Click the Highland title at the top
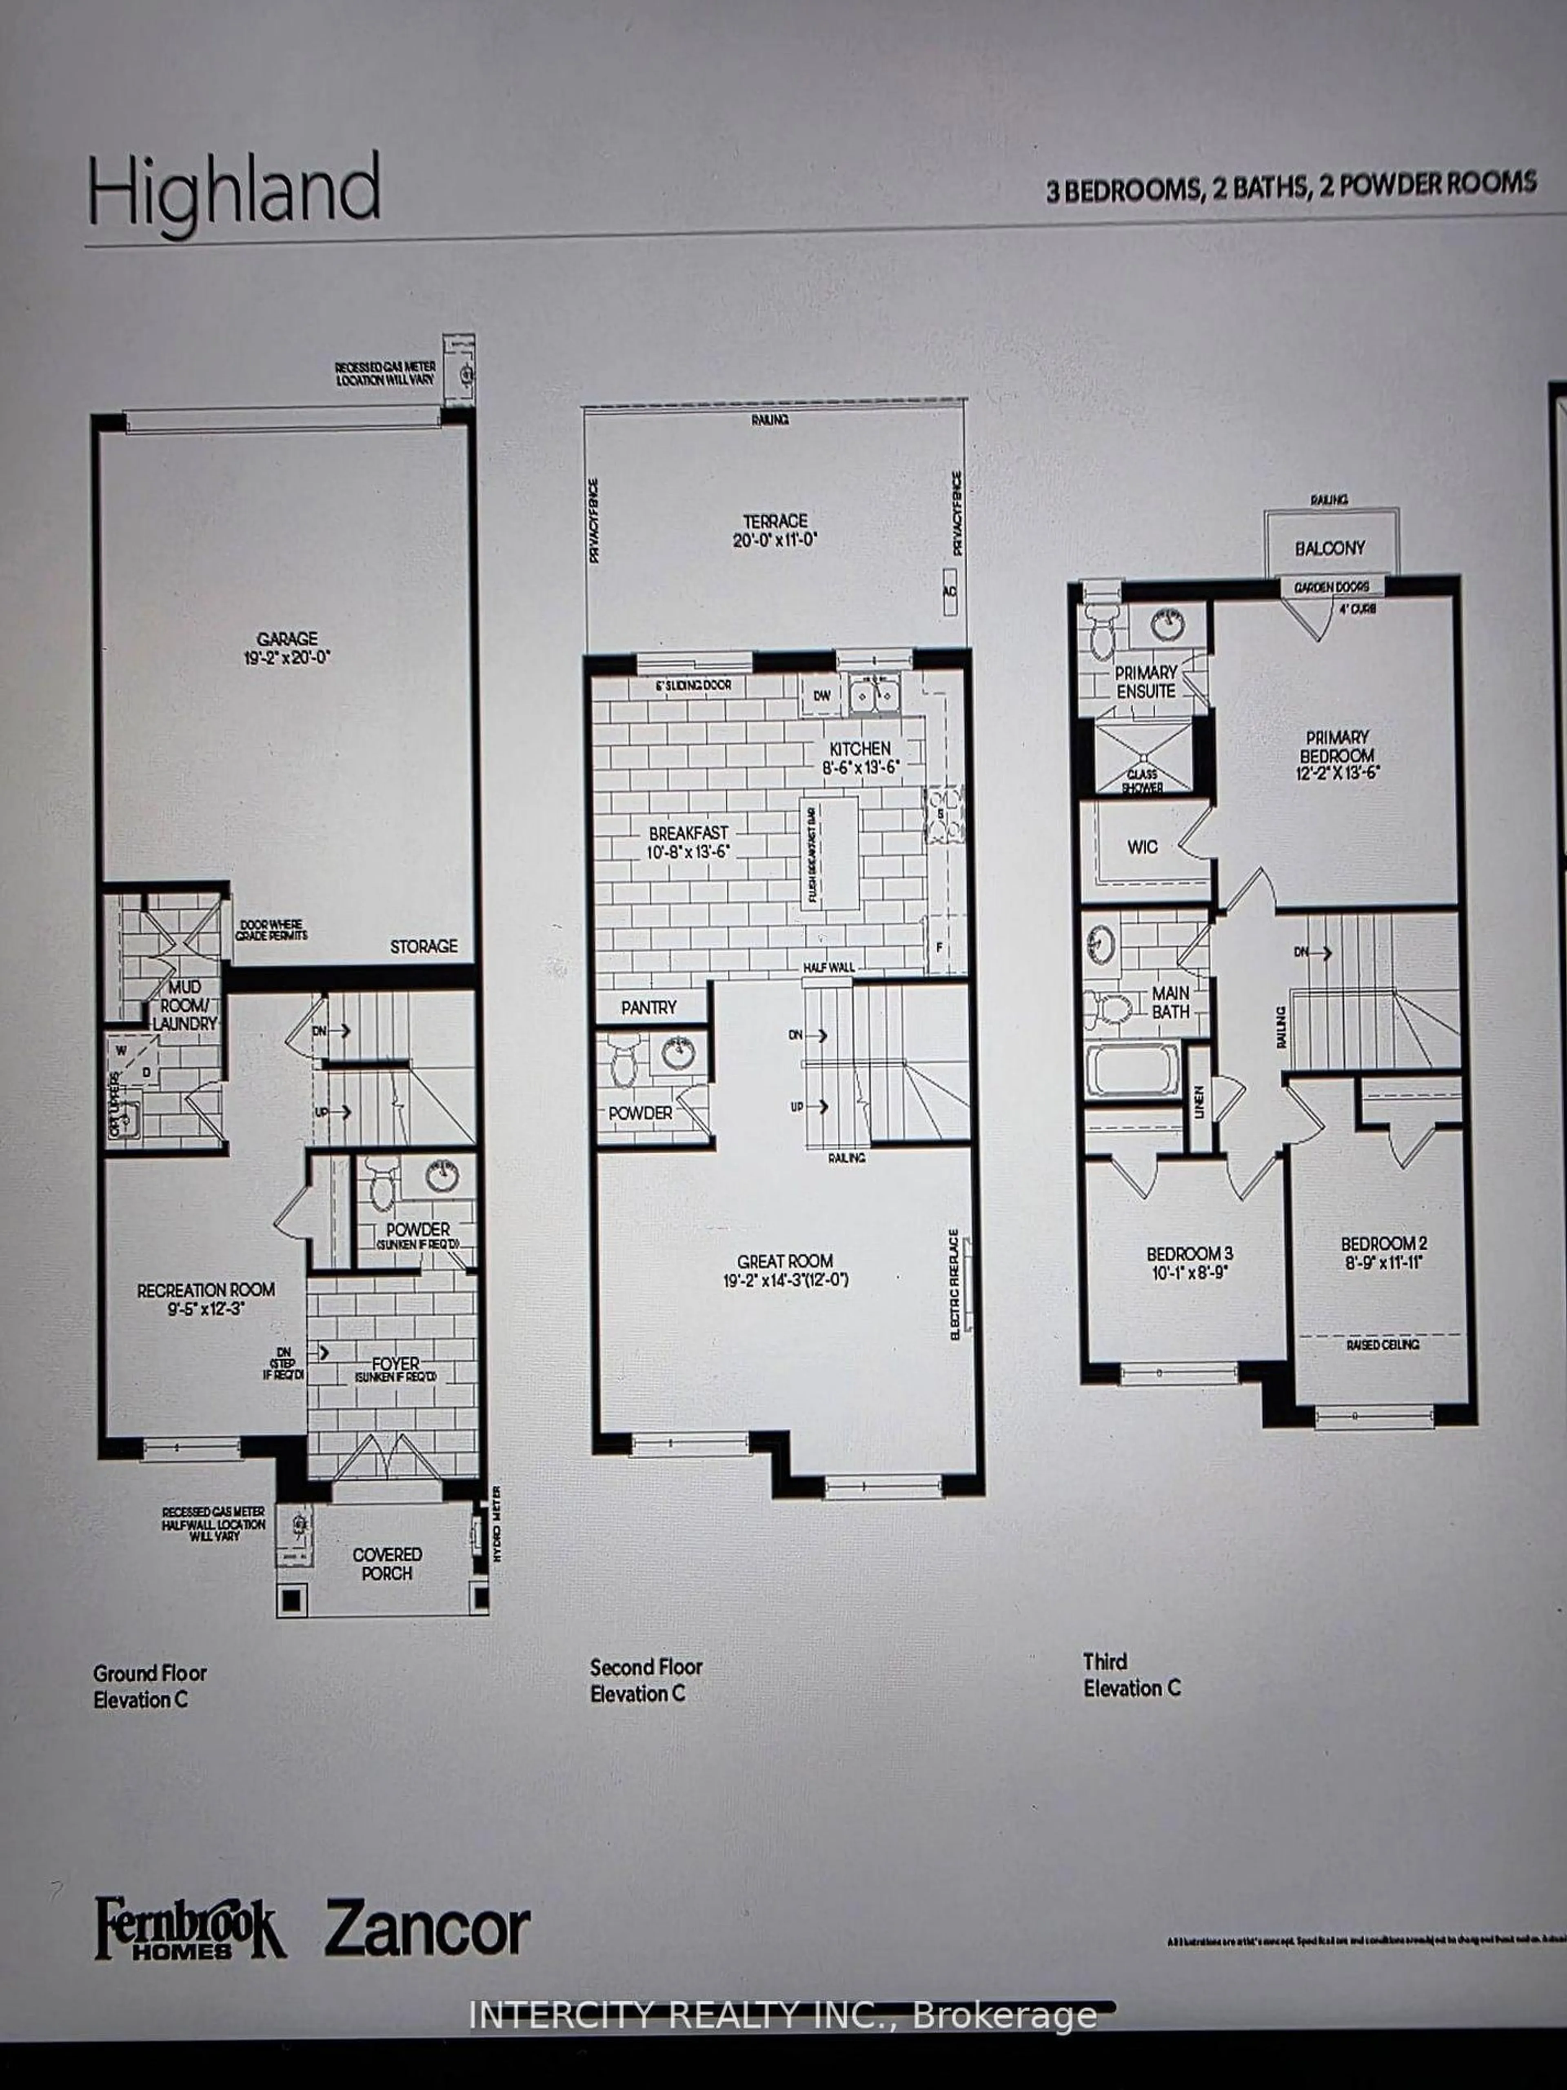click(x=234, y=194)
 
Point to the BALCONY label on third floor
click(x=1330, y=548)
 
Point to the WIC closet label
click(x=1142, y=847)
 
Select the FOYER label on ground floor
click(x=395, y=1364)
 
